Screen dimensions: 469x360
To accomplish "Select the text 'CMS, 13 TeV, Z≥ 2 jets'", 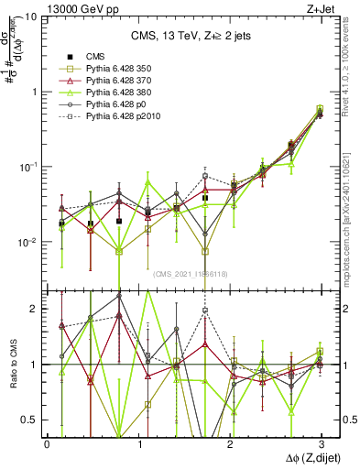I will [x=191, y=36].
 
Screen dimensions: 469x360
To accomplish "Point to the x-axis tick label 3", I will [x=321, y=443].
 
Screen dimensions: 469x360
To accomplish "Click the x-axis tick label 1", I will [x=138, y=443].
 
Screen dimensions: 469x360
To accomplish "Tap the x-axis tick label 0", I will [x=47, y=443].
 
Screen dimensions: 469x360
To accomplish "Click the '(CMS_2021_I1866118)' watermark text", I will [x=191, y=274].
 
